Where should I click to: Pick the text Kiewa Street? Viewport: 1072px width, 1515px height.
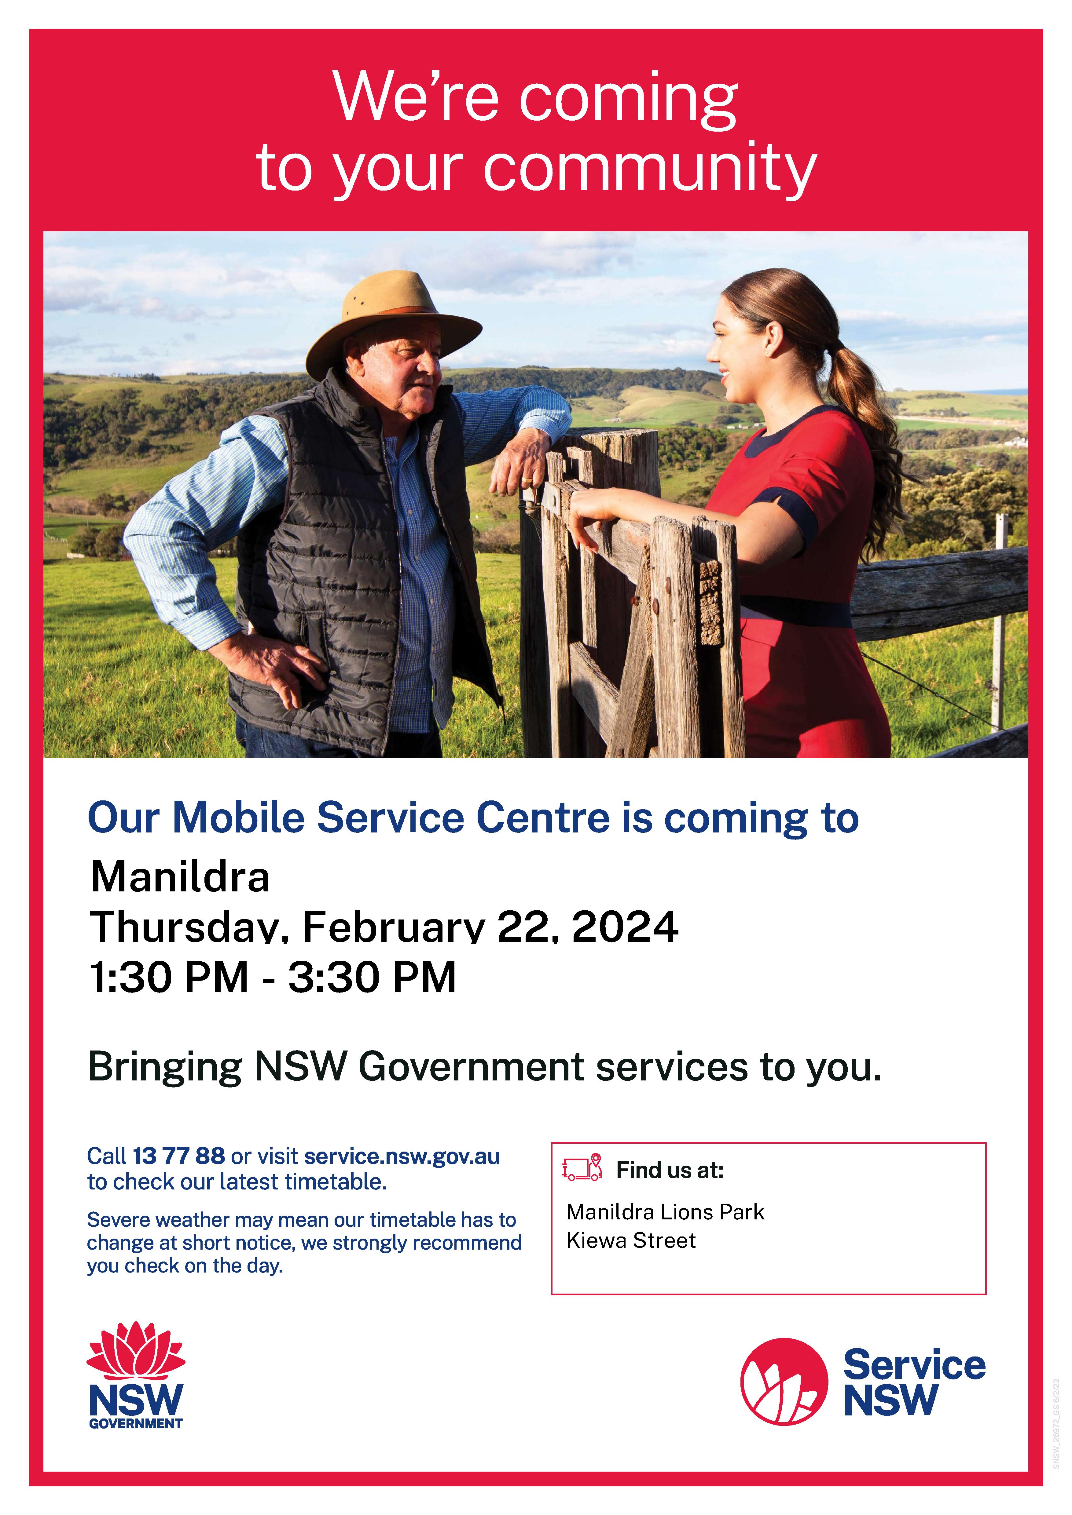tap(631, 1240)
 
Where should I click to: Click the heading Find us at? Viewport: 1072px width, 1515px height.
tap(670, 1170)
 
